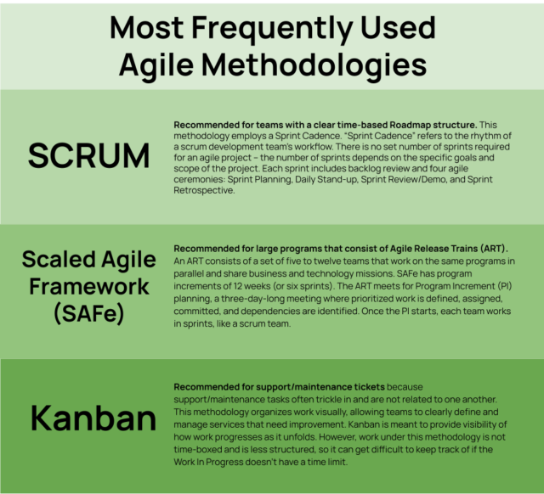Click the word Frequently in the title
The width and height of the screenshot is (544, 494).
tap(272, 29)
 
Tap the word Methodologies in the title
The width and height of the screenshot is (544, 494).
tap(314, 65)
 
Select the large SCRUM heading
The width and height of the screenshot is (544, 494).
tap(88, 156)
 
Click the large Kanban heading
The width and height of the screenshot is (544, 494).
tap(93, 418)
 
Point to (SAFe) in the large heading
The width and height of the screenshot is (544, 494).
tap(88, 313)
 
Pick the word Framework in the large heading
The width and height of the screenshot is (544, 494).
tap(89, 287)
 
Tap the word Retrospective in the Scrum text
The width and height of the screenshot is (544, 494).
tap(204, 190)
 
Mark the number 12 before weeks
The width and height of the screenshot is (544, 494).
tap(238, 286)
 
